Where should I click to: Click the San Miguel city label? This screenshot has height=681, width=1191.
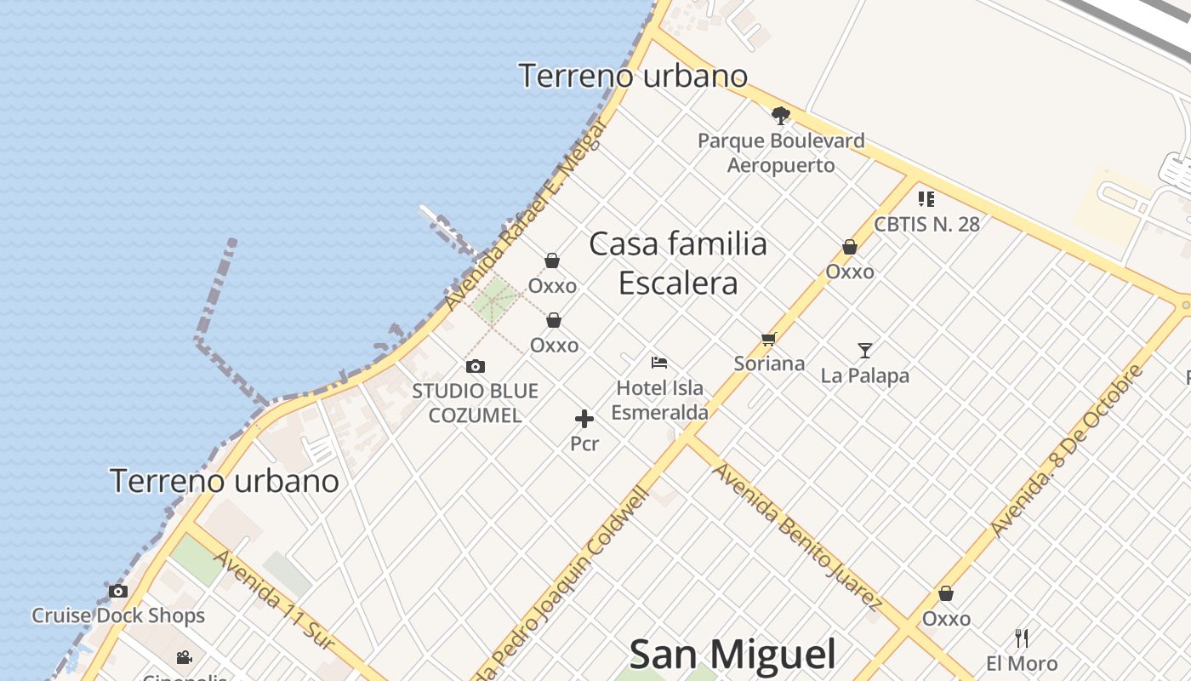(x=732, y=655)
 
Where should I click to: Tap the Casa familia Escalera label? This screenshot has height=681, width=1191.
(x=678, y=263)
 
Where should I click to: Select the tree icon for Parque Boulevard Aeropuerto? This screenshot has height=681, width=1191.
(x=781, y=116)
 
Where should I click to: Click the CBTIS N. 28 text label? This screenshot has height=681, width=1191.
(x=926, y=225)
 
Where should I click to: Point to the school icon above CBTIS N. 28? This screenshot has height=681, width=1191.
(x=926, y=199)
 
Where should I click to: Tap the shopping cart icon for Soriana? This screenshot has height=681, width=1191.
(x=769, y=339)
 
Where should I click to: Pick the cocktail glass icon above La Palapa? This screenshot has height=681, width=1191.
(x=865, y=350)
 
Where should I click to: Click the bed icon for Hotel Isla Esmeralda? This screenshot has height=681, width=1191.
(x=659, y=363)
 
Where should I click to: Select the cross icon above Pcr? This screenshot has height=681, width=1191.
(x=584, y=418)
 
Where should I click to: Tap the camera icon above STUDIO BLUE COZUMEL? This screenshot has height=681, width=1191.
(x=476, y=366)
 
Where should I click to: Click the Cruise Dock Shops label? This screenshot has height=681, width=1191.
(x=118, y=615)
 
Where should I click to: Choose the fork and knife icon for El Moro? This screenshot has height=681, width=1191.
(x=1022, y=638)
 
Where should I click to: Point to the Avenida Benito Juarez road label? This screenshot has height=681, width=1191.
(x=795, y=535)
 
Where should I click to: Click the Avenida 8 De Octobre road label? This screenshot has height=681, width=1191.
(x=1066, y=451)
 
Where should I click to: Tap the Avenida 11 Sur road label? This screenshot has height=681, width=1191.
(x=270, y=600)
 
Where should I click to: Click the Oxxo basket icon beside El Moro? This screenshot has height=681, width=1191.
(x=946, y=593)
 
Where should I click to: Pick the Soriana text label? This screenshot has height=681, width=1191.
(x=769, y=363)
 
